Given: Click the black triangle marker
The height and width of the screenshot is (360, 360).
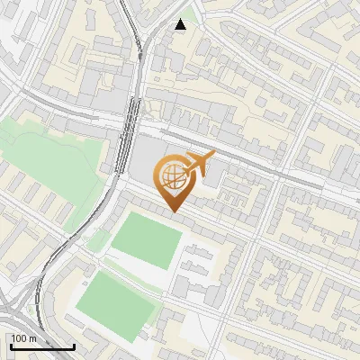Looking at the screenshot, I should coord(181,24).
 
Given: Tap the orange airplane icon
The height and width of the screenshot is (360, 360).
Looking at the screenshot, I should coord(195,165).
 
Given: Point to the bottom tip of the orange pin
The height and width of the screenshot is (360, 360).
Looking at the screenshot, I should coord(173,213).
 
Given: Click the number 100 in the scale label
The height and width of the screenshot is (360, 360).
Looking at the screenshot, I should coord(19,338).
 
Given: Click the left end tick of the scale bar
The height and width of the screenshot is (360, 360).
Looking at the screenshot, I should coord(10,346).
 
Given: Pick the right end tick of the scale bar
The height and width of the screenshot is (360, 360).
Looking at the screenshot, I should coord(74,346).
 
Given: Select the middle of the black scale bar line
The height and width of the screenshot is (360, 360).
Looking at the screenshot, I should coord(41,347).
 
